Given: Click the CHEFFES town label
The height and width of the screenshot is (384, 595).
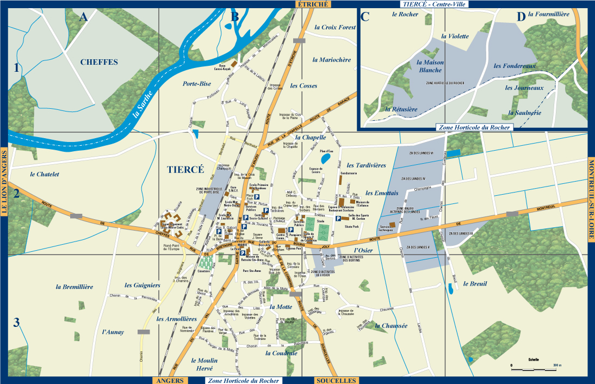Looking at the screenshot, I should click(x=99, y=62).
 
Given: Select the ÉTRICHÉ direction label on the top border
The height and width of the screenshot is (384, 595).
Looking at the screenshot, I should click(x=312, y=4).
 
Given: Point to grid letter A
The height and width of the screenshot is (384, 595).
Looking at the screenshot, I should click(x=83, y=17).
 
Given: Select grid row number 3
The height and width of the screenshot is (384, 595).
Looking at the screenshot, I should click(x=16, y=323).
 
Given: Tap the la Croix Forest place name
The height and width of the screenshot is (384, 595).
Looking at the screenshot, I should click(x=335, y=27).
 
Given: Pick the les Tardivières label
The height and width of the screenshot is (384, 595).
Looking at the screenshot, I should click(x=366, y=165).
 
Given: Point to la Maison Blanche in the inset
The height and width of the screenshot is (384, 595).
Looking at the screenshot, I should click(x=430, y=66).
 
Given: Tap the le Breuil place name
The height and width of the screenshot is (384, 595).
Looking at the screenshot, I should click(x=475, y=284).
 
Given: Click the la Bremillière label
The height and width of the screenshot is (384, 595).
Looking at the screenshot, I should click(x=75, y=286).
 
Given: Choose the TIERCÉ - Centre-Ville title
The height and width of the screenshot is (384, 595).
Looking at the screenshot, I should click(x=435, y=4).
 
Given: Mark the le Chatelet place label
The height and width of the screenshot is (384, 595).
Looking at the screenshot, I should click(x=44, y=174).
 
